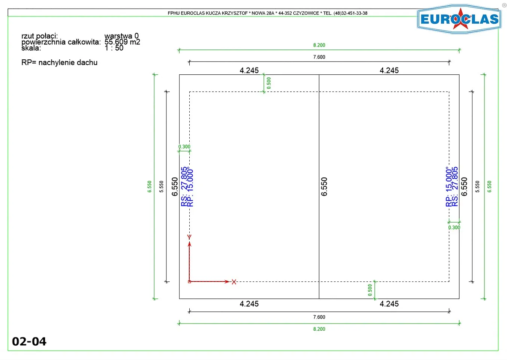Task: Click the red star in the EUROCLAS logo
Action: (x=460, y=19)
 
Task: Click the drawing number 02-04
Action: (x=29, y=342)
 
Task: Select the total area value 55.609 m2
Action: (x=122, y=42)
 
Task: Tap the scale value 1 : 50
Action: (x=114, y=48)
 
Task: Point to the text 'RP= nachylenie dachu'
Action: (x=59, y=62)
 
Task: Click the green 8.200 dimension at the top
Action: (x=319, y=45)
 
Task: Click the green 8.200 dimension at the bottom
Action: (x=319, y=329)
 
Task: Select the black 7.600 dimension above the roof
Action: (x=319, y=57)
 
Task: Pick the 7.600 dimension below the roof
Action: (x=319, y=317)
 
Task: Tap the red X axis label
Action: (x=234, y=282)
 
